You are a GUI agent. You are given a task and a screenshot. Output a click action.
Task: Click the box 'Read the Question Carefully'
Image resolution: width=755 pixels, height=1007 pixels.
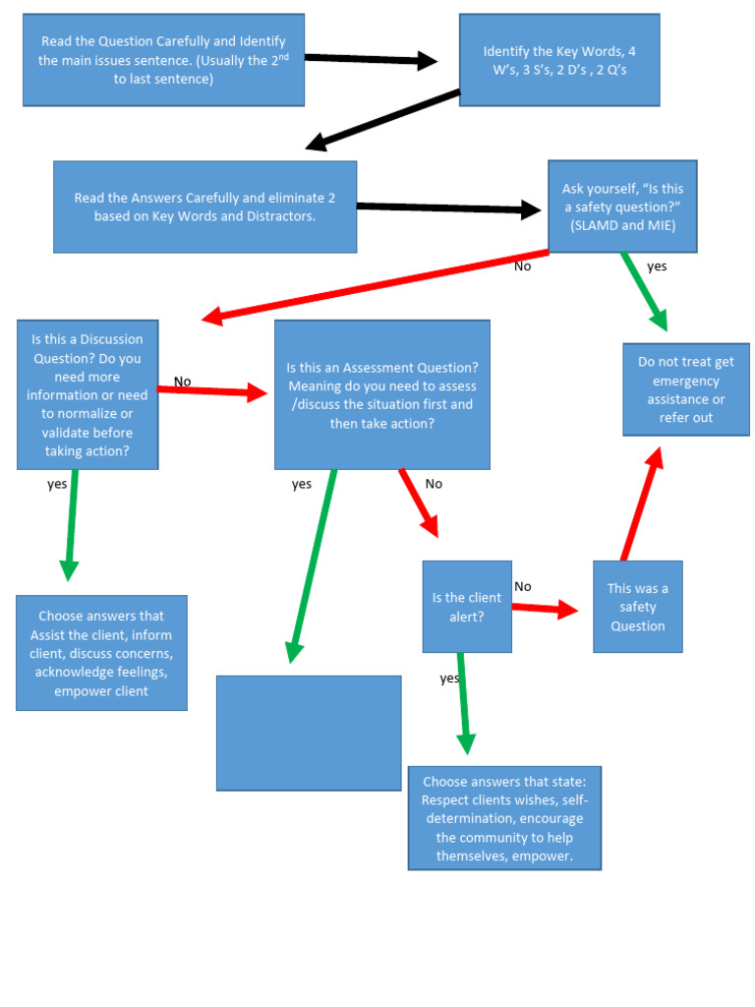163,59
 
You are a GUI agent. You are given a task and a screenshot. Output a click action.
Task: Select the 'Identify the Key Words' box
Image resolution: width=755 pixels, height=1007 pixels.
558,60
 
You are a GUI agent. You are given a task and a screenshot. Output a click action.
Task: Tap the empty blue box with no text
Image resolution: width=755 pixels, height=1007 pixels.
309,733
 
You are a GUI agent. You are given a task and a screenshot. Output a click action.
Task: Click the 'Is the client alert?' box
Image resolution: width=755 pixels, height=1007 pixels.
467,607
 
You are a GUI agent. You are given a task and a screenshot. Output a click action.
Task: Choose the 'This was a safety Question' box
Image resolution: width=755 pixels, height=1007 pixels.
637,607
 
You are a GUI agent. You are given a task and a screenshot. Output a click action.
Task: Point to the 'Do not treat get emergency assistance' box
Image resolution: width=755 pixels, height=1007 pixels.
685,389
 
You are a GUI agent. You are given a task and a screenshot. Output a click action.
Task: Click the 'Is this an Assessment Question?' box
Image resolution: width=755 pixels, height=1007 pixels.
381,394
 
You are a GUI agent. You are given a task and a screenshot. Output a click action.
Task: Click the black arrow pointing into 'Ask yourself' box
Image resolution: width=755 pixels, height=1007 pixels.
448,207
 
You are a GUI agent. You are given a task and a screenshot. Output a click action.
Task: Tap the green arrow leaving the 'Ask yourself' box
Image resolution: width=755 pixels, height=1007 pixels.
645,291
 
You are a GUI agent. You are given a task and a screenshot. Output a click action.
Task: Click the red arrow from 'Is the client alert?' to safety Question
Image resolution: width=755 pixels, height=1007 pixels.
545,609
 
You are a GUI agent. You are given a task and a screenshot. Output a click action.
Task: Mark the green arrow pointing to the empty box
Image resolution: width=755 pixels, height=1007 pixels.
312,565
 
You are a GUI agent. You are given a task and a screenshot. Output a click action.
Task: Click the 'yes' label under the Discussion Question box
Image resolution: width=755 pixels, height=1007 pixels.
57,484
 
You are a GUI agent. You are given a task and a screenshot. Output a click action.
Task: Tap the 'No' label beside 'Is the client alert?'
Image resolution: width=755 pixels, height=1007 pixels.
523,586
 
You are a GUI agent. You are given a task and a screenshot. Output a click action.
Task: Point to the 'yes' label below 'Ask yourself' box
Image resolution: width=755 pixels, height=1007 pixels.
657,267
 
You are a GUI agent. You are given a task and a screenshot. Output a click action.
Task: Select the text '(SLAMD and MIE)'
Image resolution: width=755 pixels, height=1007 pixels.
622,225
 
